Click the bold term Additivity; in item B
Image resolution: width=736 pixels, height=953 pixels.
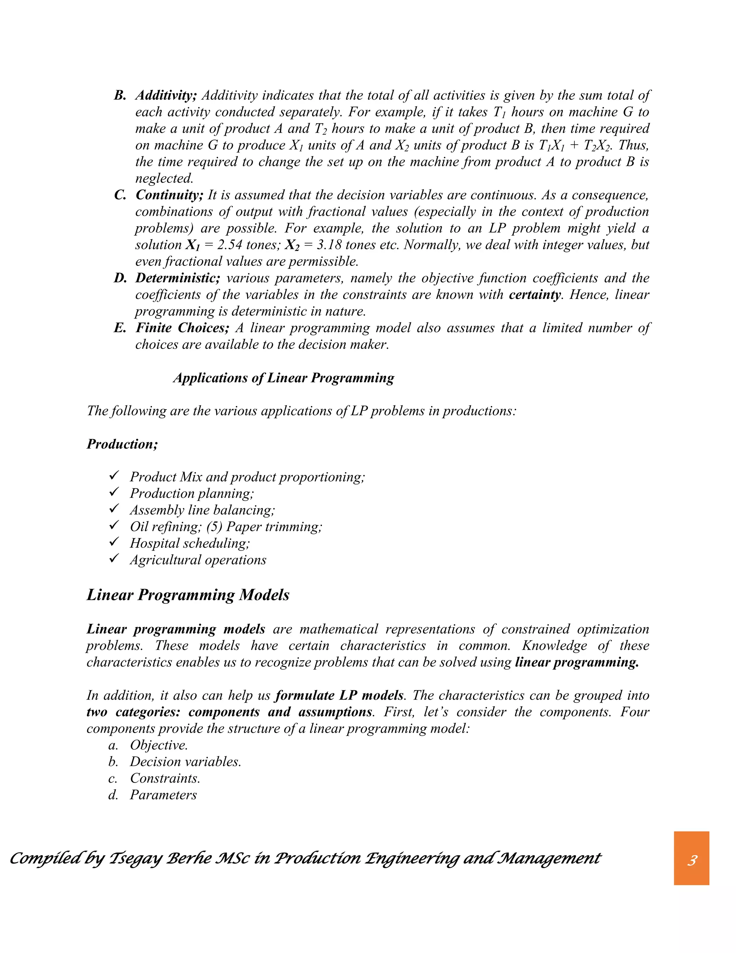(x=166, y=95)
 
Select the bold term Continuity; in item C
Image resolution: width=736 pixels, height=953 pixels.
(x=169, y=195)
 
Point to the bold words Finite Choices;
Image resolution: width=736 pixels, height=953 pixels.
(x=182, y=328)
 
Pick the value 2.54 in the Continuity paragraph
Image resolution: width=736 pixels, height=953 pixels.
(x=229, y=245)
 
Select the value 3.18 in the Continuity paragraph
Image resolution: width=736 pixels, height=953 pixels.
(x=329, y=245)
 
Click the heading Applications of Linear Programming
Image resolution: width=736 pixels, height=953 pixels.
(x=284, y=378)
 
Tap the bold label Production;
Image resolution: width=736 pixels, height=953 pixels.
(x=122, y=444)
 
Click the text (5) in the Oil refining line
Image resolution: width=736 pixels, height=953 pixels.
(x=214, y=527)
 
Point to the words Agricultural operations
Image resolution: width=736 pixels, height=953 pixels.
(x=198, y=560)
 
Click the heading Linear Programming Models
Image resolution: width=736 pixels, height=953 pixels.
(x=188, y=595)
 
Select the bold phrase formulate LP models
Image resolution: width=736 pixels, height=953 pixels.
(x=339, y=695)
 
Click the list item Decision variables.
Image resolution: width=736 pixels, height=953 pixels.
(x=185, y=761)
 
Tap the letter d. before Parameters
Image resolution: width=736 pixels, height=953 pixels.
(x=113, y=795)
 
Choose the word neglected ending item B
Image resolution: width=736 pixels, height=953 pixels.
(x=164, y=178)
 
